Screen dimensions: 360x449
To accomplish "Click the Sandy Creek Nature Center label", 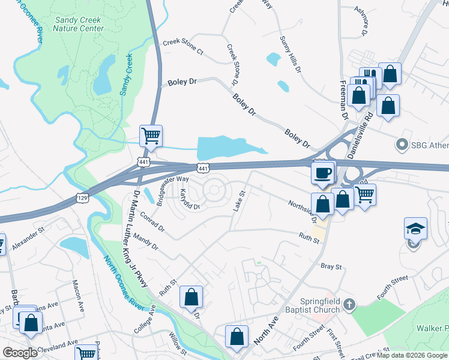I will [x=78, y=24].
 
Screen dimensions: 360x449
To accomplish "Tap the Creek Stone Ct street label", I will [x=184, y=47].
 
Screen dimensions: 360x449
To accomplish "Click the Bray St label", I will [x=331, y=266].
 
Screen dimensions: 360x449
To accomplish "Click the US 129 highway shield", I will [x=82, y=197].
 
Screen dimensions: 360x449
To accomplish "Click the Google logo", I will [x=20, y=352].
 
